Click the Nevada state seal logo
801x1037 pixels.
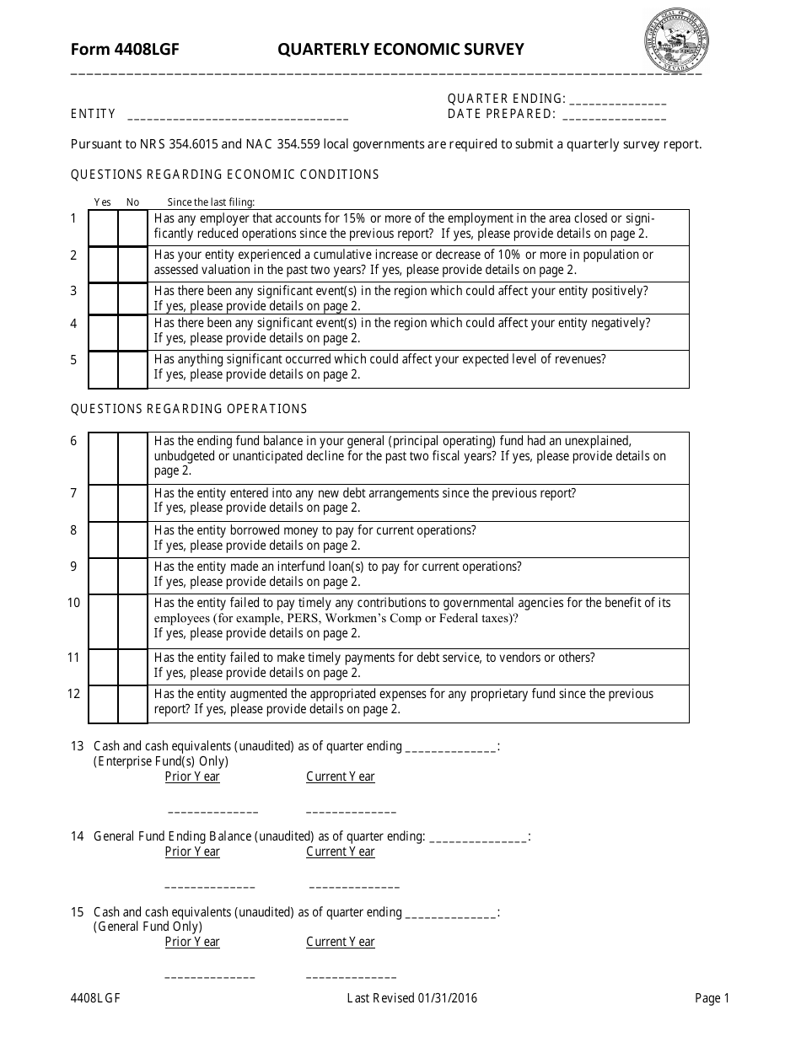[x=677, y=42]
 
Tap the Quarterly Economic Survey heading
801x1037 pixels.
[x=400, y=50]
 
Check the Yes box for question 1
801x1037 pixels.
[x=103, y=228]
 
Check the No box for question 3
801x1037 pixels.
[x=132, y=298]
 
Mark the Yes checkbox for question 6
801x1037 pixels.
[x=103, y=458]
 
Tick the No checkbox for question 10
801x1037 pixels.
[x=132, y=621]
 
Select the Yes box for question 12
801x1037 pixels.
[x=103, y=704]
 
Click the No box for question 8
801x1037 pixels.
[x=132, y=540]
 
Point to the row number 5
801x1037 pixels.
[x=73, y=360]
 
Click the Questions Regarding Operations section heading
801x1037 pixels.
[x=189, y=409]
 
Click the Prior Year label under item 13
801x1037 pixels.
[x=192, y=776]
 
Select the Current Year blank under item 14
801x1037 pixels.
[x=354, y=886]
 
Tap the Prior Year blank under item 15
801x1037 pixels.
[x=210, y=976]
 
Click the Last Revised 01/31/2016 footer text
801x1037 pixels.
[x=412, y=998]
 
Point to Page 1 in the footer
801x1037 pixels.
[x=712, y=998]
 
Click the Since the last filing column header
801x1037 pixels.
[x=211, y=201]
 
